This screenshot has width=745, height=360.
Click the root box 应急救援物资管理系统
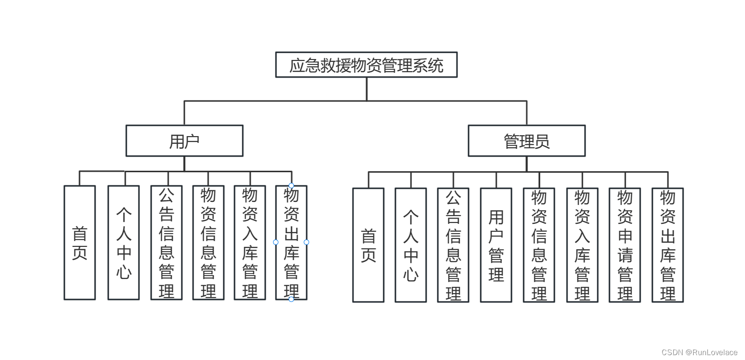(366, 65)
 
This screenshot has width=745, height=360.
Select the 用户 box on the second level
(184, 141)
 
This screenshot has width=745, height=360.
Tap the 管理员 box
(527, 141)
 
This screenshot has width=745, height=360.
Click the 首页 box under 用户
(79, 242)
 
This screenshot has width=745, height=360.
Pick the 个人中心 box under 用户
(123, 242)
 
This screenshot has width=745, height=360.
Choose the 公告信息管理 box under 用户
(166, 242)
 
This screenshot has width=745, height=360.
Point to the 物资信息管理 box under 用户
(208, 242)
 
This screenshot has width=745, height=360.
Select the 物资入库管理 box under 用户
(250, 242)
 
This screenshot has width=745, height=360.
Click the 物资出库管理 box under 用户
(291, 242)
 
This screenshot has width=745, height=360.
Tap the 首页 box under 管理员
(368, 245)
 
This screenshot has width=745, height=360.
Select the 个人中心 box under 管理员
(411, 245)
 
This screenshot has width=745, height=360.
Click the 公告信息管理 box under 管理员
(453, 245)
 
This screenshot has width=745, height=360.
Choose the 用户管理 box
(496, 245)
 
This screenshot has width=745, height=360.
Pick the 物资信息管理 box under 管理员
(539, 245)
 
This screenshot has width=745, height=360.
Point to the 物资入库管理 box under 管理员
(582, 245)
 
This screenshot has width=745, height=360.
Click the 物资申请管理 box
(625, 245)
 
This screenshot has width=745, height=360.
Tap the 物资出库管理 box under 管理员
(667, 245)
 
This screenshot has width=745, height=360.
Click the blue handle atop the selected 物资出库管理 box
(291, 185)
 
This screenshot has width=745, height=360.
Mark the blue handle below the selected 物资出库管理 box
(291, 299)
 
